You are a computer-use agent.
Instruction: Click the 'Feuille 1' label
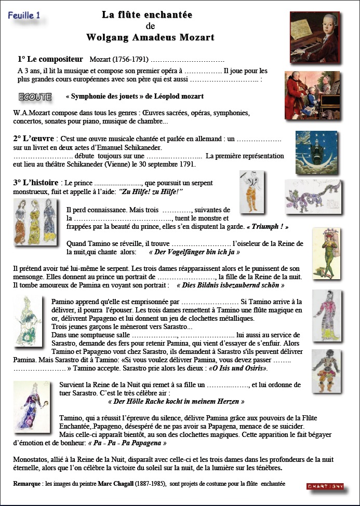pyautogui.click(x=24, y=16)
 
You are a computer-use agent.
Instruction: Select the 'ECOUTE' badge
pyautogui.click(x=35, y=97)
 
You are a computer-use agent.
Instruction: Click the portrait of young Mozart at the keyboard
pyautogui.click(x=314, y=32)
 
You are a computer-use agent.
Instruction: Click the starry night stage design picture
pyautogui.click(x=316, y=152)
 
